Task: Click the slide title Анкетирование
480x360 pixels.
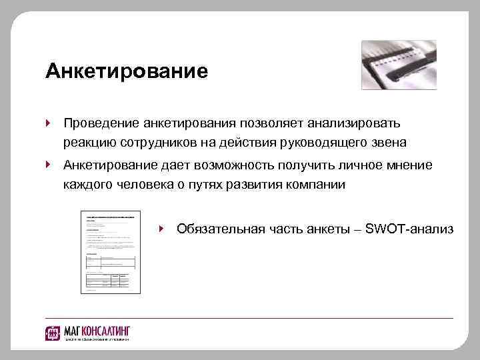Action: coord(127,71)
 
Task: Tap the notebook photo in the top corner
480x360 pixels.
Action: coord(399,65)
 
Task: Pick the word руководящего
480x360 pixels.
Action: coord(328,143)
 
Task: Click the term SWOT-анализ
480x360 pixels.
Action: coord(416,229)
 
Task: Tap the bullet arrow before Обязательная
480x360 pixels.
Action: coord(162,229)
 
